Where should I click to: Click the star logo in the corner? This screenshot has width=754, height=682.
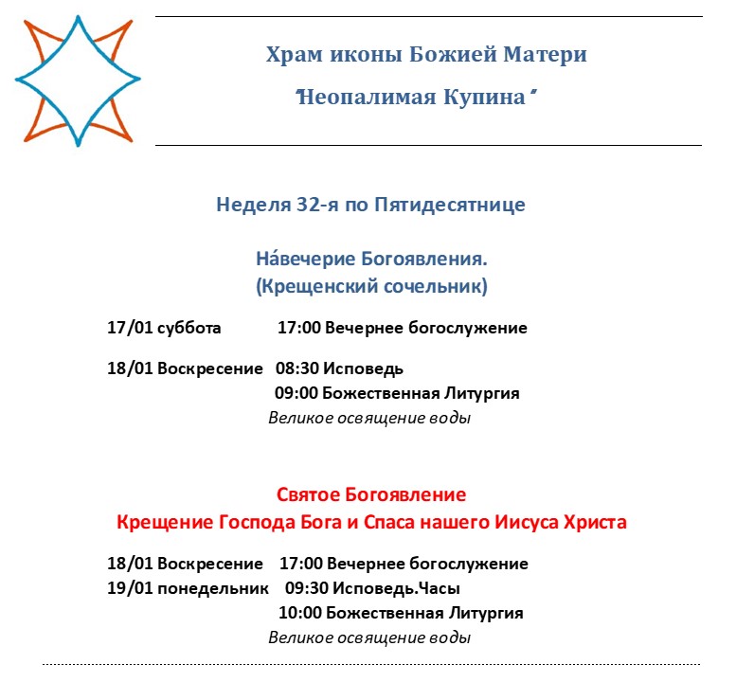pyautogui.click(x=78, y=79)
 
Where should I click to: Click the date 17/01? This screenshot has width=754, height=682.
pyautogui.click(x=129, y=329)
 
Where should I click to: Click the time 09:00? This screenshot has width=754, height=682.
pyautogui.click(x=296, y=393)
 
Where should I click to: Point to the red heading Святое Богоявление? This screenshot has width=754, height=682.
pyautogui.click(x=371, y=495)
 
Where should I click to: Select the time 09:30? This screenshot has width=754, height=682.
pyautogui.click(x=307, y=588)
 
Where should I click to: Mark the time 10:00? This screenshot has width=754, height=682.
pyautogui.click(x=302, y=613)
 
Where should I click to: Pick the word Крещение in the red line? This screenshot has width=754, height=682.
pyautogui.click(x=156, y=522)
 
